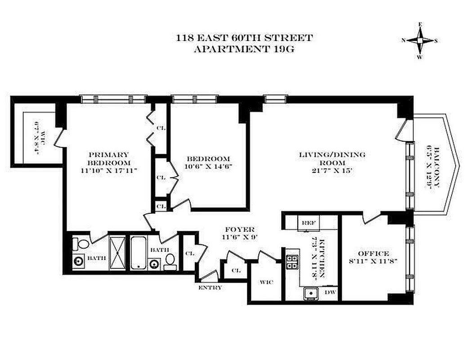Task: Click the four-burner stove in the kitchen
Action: pyautogui.click(x=292, y=262)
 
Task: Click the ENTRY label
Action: pyautogui.click(x=210, y=288)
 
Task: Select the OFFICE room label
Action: pyautogui.click(x=373, y=253)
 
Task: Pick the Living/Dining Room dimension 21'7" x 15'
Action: pyautogui.click(x=332, y=171)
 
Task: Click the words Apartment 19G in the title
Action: pyautogui.click(x=244, y=49)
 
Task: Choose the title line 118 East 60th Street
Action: pyautogui.click(x=244, y=38)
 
